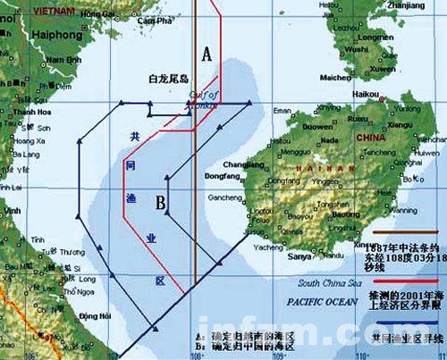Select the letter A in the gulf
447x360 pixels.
point(207,55)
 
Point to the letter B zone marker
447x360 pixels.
point(161,203)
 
